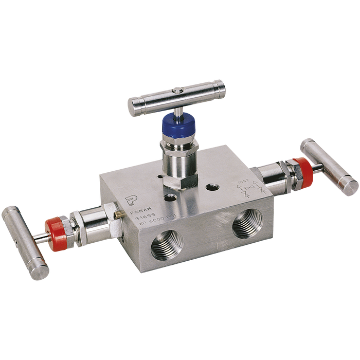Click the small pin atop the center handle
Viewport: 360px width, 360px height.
175,91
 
